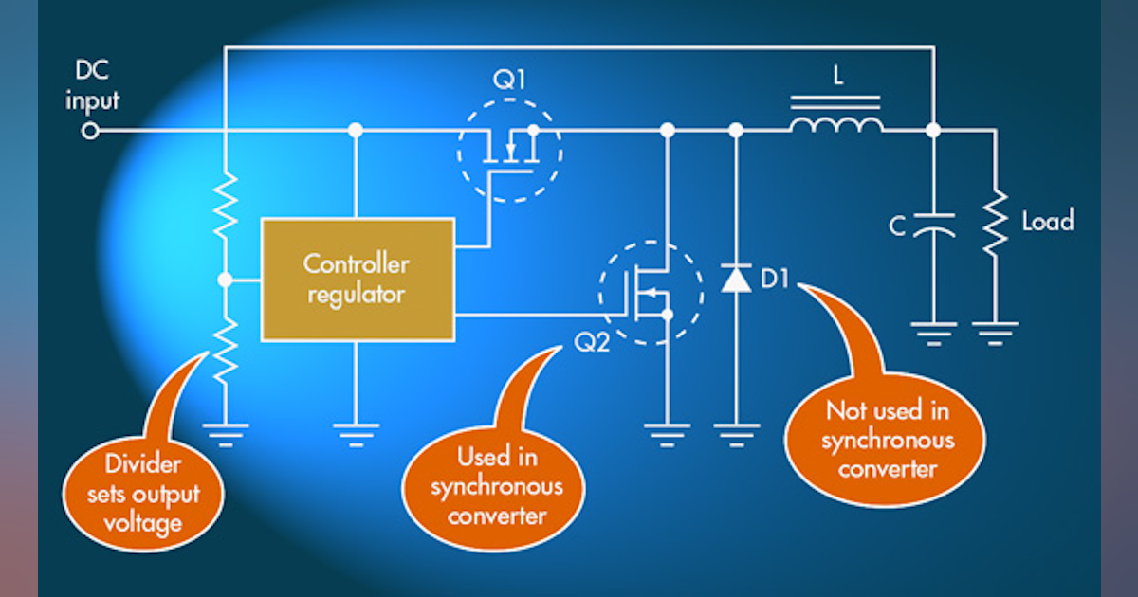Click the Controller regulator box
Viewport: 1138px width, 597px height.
(358, 279)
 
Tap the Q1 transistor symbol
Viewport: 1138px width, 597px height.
(509, 150)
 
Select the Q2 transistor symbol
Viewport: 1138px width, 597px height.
(652, 293)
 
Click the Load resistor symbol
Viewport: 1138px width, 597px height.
(995, 222)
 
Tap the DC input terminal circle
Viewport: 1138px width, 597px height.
(90, 131)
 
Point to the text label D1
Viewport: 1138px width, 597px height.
(780, 280)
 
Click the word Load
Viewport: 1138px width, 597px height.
(1047, 222)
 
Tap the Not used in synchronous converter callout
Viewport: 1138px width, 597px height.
(888, 440)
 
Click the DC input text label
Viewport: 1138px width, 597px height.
(92, 86)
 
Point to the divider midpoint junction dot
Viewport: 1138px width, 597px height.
(226, 280)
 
